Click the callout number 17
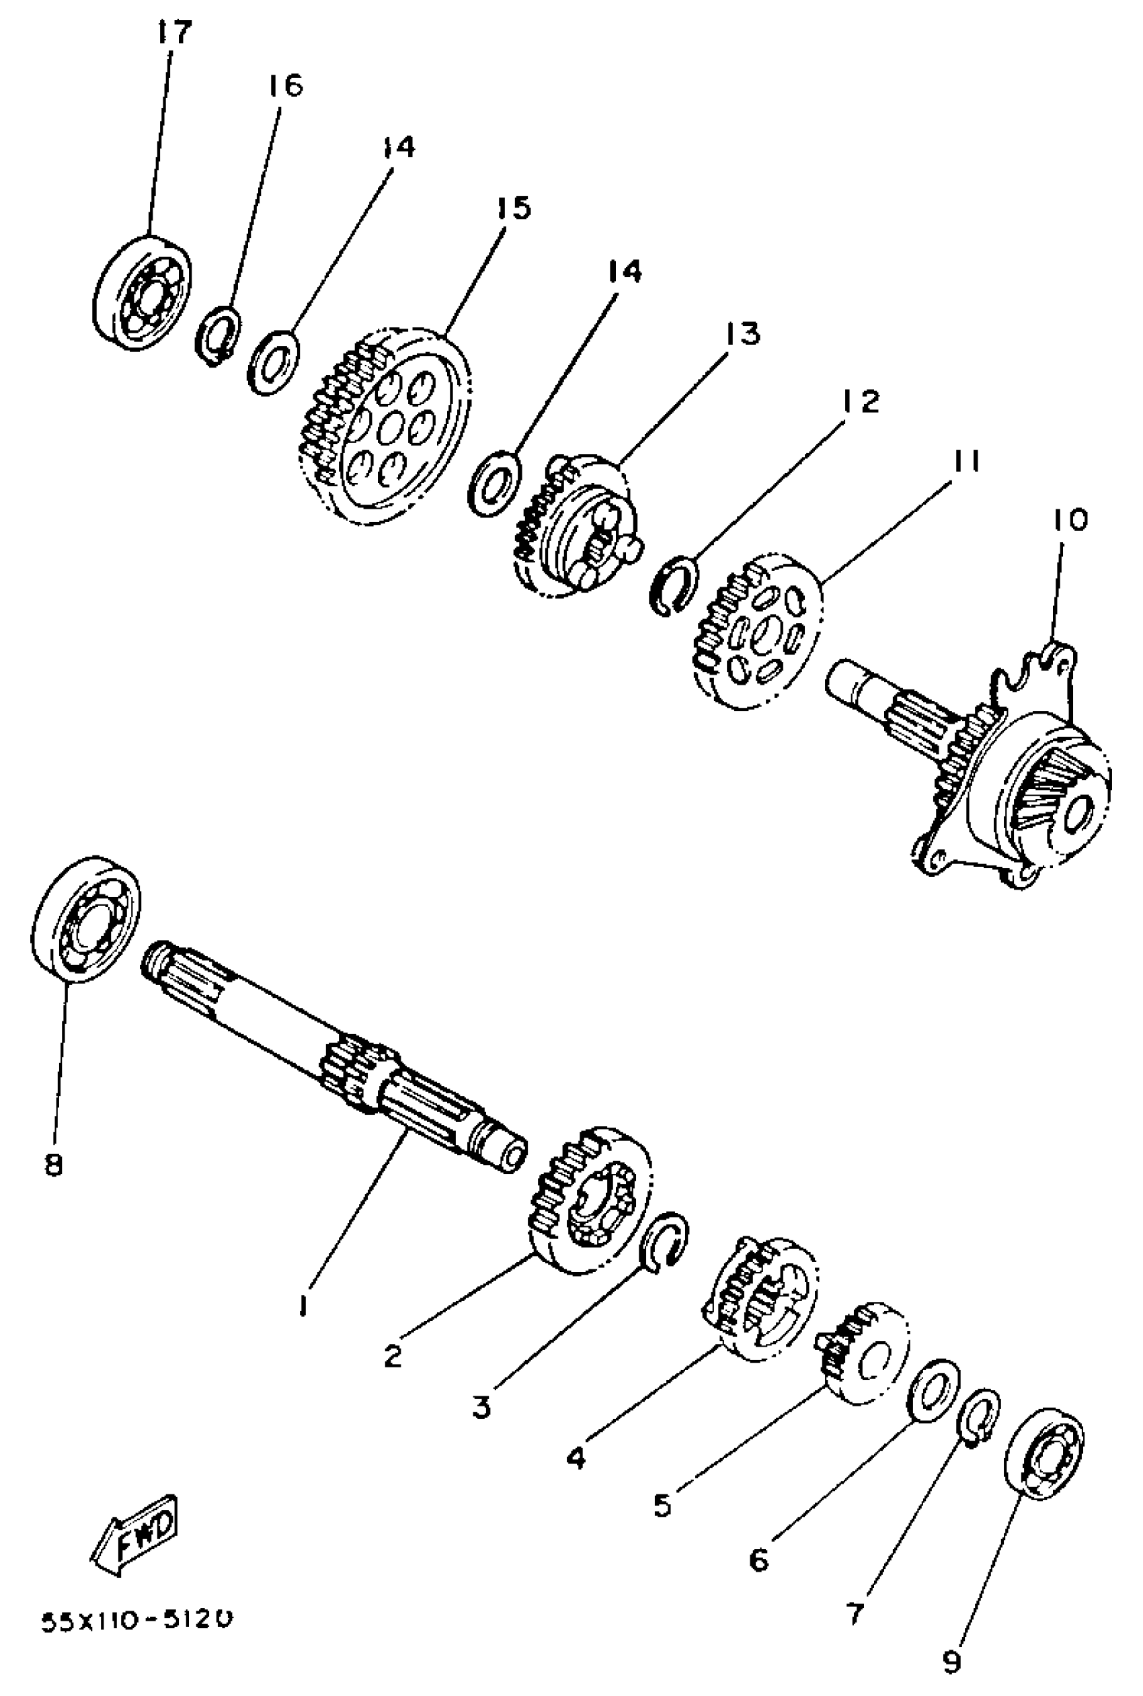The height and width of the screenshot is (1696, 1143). tap(173, 33)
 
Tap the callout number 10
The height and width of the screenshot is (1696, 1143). tap(1069, 520)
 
